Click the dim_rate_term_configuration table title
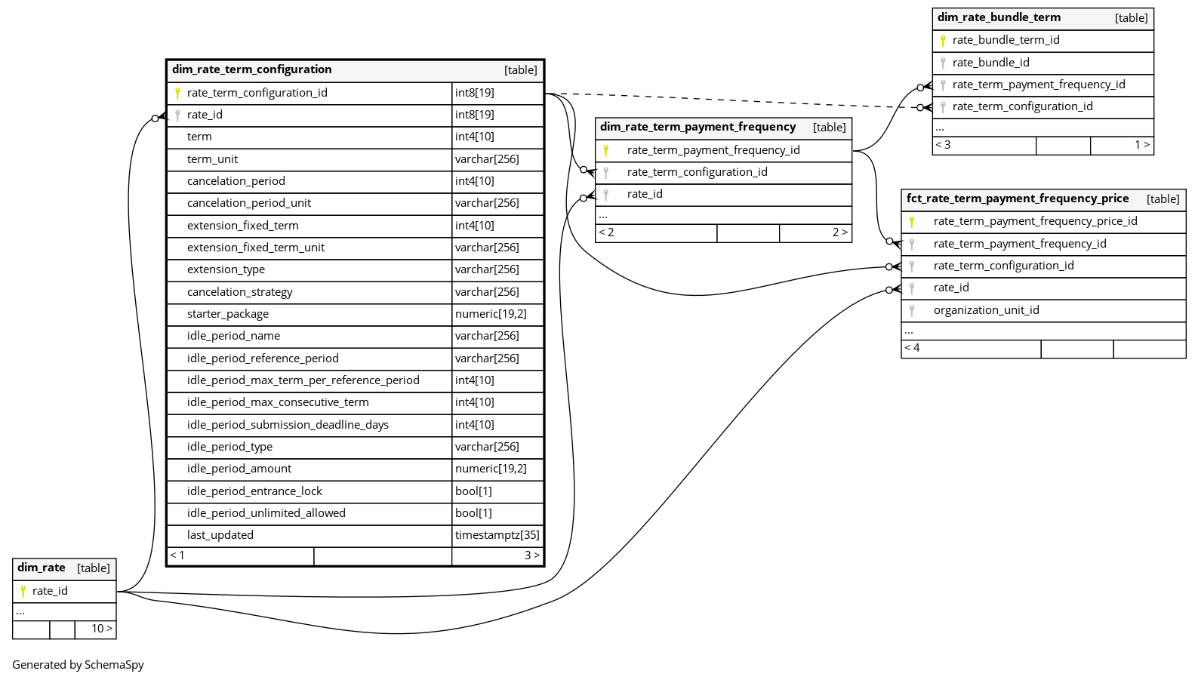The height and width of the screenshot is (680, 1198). click(x=251, y=69)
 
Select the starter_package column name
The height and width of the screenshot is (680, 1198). click(x=227, y=314)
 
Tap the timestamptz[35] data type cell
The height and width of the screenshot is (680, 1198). click(x=497, y=535)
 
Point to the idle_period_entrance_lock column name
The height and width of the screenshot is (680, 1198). click(x=254, y=491)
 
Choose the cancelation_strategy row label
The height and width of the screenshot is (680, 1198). click(x=239, y=292)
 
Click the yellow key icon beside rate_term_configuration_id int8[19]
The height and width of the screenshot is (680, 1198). click(x=177, y=93)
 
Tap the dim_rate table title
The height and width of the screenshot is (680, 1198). click(x=42, y=568)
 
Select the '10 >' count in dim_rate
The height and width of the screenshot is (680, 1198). click(x=102, y=629)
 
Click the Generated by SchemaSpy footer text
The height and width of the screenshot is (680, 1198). click(x=78, y=665)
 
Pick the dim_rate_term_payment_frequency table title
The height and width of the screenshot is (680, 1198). click(x=698, y=127)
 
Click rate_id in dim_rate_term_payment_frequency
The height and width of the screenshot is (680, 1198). click(x=644, y=194)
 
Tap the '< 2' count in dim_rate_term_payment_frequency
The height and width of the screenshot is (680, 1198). click(x=606, y=232)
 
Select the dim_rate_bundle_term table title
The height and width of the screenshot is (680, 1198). click(x=999, y=17)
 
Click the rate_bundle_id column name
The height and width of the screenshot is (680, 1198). click(x=990, y=63)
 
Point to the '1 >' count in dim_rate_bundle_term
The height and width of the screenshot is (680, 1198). click(x=1141, y=145)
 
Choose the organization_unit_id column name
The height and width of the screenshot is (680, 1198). click(x=986, y=310)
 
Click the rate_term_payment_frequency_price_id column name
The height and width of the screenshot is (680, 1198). click(x=1035, y=221)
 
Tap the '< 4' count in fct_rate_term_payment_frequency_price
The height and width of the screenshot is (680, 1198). click(x=912, y=348)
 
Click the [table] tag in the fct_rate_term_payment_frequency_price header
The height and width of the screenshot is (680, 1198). click(x=1163, y=199)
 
